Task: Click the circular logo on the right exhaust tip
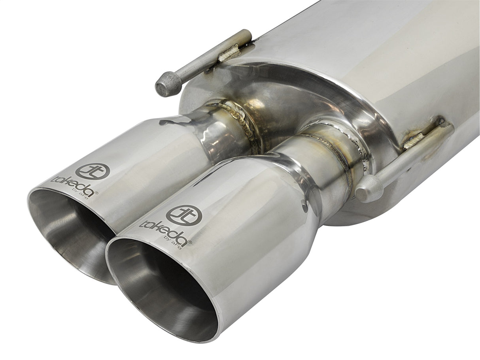pyautogui.click(x=184, y=215)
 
